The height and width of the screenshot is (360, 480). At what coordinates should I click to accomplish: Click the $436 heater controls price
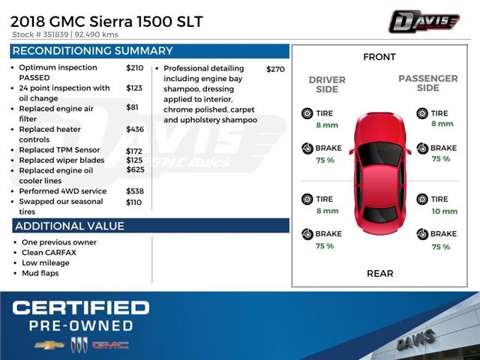(135, 129)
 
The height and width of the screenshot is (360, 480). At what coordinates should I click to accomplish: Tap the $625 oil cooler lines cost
(135, 169)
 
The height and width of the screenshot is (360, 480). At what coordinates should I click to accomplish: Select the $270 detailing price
(275, 69)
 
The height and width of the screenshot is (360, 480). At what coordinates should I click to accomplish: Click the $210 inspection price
(134, 67)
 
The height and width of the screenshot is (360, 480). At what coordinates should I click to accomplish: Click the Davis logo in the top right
(424, 22)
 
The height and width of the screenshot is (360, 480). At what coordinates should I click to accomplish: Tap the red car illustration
(379, 172)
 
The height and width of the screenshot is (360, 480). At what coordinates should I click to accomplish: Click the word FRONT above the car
(379, 57)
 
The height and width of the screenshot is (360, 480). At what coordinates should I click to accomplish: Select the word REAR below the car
(379, 273)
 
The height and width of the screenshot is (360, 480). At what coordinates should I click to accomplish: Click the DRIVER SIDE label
(327, 85)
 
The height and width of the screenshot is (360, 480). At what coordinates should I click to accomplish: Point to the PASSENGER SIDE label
(427, 83)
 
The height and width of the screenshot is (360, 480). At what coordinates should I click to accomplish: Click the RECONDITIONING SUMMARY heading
(92, 51)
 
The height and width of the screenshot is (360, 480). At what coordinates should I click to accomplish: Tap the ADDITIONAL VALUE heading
(69, 226)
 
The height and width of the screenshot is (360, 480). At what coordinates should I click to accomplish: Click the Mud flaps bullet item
(40, 273)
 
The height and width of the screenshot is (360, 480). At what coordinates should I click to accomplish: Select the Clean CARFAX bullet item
(49, 253)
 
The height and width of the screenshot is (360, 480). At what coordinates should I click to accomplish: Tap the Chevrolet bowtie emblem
(49, 345)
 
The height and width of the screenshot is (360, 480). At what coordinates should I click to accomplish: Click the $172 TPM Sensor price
(134, 150)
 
